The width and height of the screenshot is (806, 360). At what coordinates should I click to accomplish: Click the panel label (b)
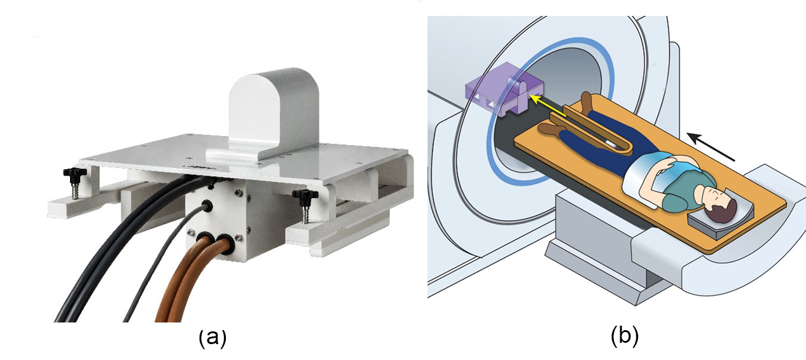tap(624, 336)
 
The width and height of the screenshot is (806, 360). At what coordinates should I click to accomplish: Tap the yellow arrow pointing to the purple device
tap(548, 106)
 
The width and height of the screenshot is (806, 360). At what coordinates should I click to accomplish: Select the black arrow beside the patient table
tap(711, 146)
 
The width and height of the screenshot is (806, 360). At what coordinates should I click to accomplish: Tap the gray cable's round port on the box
tap(207, 205)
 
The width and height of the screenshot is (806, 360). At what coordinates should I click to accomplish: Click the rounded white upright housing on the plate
tap(274, 111)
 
